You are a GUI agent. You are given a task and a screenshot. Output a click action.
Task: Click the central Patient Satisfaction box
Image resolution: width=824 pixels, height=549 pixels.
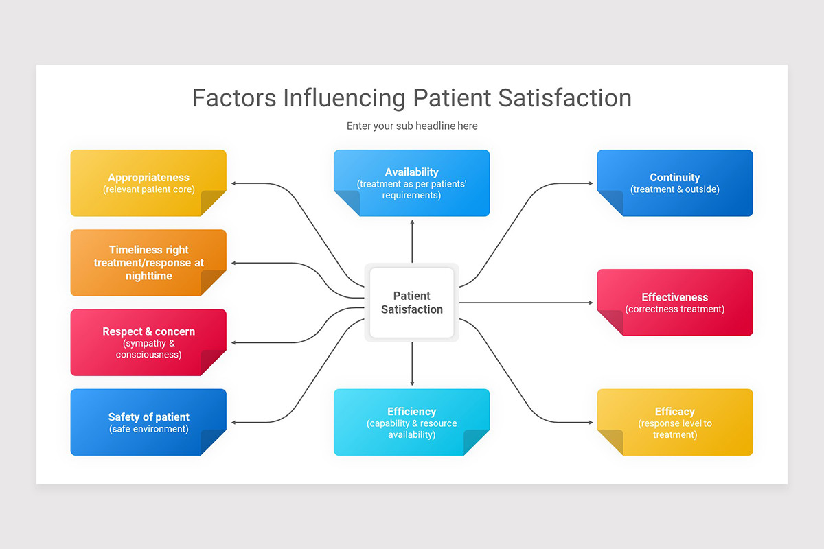click(x=411, y=303)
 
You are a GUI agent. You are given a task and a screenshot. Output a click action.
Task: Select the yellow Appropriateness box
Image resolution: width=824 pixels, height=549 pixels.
click(x=148, y=183)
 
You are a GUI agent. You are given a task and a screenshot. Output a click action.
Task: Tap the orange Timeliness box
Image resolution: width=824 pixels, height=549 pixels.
click(x=148, y=263)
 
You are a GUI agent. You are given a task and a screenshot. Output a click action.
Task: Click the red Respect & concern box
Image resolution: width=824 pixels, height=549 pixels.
click(x=148, y=342)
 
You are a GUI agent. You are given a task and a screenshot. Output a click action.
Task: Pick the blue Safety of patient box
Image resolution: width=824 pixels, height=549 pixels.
click(x=148, y=422)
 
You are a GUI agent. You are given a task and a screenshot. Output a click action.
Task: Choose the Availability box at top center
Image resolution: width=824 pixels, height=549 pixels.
click(x=411, y=183)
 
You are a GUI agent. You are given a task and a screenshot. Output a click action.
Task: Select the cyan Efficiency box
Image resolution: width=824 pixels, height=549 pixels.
click(x=411, y=422)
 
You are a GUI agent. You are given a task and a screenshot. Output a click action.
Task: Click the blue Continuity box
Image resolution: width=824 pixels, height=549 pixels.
click(x=674, y=183)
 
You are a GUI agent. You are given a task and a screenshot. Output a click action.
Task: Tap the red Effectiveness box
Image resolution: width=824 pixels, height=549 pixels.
click(x=674, y=303)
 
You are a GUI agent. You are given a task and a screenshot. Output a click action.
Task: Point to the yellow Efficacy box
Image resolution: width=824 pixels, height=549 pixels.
click(x=674, y=422)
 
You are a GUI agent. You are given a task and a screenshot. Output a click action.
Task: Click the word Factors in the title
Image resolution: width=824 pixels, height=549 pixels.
click(x=233, y=97)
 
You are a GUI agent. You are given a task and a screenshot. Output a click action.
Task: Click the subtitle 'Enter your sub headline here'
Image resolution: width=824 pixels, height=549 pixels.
click(x=411, y=126)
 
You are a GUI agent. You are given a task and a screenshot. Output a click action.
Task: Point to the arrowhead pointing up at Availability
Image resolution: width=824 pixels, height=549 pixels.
click(x=412, y=222)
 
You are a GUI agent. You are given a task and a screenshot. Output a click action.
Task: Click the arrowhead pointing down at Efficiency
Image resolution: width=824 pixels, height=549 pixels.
click(x=412, y=383)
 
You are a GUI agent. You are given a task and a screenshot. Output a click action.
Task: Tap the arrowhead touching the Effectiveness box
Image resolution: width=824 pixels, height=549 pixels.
click(x=591, y=303)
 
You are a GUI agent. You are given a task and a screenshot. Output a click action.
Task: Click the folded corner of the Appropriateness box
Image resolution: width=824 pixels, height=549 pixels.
click(x=213, y=203)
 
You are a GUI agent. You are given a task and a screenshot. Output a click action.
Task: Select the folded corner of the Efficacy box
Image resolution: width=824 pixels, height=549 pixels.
click(x=610, y=443)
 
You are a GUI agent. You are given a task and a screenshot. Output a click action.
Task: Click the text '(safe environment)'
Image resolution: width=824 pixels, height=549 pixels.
click(x=148, y=430)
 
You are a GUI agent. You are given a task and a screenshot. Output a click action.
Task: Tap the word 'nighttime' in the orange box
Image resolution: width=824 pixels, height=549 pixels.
click(x=148, y=276)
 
